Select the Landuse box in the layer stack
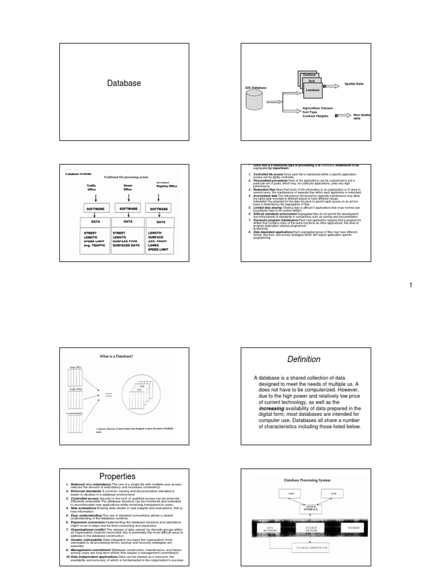click(312, 89)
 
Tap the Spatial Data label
click(354, 84)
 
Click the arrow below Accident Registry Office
click(160, 197)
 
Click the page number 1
click(410, 285)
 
